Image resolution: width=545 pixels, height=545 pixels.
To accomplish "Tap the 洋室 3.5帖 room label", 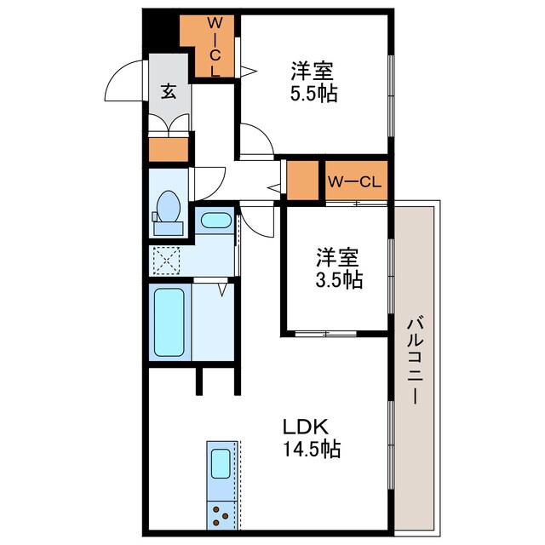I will click(340, 267).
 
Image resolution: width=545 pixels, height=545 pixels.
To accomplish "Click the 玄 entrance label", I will click(169, 91).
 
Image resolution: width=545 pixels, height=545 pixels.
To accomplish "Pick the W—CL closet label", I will click(357, 181).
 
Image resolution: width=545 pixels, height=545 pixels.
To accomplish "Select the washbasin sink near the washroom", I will click(215, 221).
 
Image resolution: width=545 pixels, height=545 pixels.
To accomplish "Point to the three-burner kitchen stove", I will click(221, 514).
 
